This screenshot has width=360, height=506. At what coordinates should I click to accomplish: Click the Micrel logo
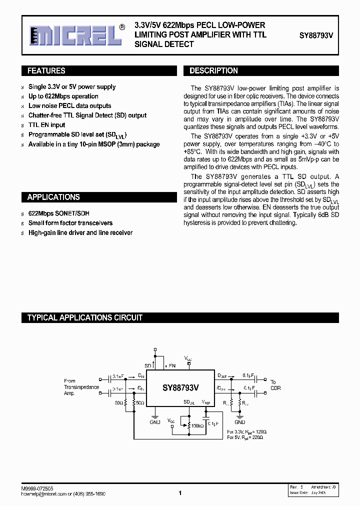coord(74,36)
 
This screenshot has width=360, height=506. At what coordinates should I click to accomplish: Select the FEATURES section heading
coord(46,71)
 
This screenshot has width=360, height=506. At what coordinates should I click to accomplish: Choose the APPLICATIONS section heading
coord(53,197)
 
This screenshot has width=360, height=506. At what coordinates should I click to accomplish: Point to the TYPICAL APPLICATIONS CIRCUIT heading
coord(84,317)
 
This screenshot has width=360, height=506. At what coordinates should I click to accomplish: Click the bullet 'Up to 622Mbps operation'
coord(63,96)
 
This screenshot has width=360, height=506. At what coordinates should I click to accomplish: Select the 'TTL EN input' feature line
coord(46,125)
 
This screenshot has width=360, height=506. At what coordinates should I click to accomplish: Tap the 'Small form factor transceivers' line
coord(70,223)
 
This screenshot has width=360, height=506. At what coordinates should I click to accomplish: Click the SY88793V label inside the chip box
coord(180,387)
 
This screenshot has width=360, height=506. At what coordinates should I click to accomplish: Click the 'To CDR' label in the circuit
coord(275,384)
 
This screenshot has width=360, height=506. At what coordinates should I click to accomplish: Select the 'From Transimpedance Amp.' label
coord(81,387)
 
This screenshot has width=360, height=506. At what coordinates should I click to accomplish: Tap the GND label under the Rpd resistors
coord(240,421)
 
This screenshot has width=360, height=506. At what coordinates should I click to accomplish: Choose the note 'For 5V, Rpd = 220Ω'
coord(244,437)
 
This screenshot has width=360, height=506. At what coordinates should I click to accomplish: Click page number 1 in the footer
coord(179,493)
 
